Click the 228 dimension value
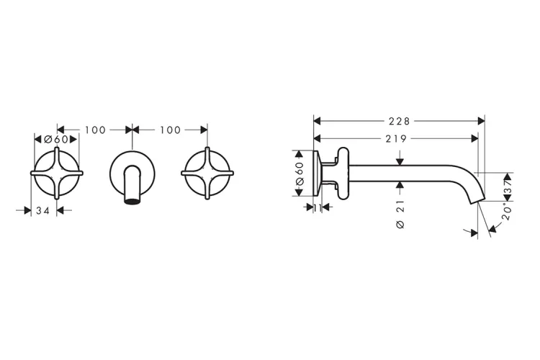(x=399, y=121)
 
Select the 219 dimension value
(x=396, y=138)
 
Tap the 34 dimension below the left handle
(x=43, y=210)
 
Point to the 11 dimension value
(x=318, y=207)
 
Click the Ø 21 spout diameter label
(x=400, y=215)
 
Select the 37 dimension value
(x=508, y=186)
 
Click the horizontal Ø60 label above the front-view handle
(x=56, y=139)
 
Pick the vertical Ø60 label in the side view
(x=300, y=174)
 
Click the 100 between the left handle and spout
(x=95, y=130)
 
